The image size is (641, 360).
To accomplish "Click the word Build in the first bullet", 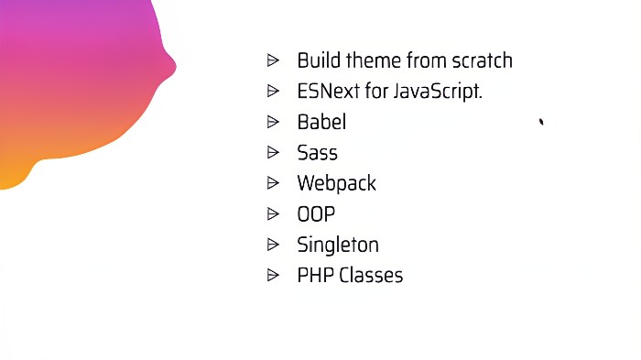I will click(316, 60).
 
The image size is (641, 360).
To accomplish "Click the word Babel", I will click(321, 122).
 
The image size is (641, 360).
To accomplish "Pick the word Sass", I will click(317, 153).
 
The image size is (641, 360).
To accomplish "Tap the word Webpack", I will click(336, 183).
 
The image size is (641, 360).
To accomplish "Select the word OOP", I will click(316, 214).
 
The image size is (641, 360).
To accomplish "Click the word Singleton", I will click(337, 245).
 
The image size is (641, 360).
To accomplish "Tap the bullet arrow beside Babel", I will click(273, 121).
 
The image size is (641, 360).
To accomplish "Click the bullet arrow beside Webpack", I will click(273, 182).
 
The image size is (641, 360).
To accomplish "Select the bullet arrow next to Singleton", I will click(273, 244).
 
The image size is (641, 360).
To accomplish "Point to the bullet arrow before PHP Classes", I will click(273, 275).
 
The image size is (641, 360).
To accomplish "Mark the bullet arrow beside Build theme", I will click(273, 60).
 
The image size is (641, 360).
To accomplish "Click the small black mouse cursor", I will click(542, 121).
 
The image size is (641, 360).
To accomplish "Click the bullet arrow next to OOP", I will click(273, 213).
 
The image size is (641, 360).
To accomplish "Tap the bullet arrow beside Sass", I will click(273, 152).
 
